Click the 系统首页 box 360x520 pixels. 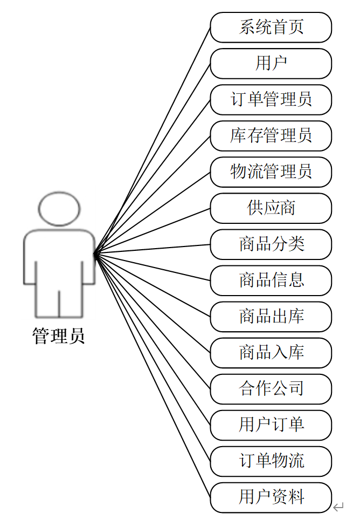(271, 28)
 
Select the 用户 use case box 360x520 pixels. (271, 64)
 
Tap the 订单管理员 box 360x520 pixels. (271, 100)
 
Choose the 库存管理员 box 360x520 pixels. (271, 136)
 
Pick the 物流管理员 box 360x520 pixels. (271, 172)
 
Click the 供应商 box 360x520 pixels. (271, 208)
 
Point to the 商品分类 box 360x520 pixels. (271, 244)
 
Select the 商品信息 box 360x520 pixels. (271, 280)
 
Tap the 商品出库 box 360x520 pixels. (271, 317)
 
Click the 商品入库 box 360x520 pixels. (271, 353)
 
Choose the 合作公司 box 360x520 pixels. (271, 389)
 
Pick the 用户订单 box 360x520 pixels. (271, 425)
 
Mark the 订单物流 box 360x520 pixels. (271, 461)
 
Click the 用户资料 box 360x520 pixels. (271, 497)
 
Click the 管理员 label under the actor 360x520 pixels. (59, 337)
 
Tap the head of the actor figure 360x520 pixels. (59, 208)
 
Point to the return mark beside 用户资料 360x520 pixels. (338, 507)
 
